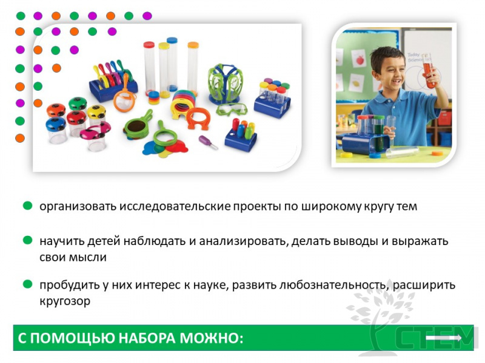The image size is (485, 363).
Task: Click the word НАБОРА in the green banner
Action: [147, 338]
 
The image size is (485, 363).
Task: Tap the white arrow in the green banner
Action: [444, 338]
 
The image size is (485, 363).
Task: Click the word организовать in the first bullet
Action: [78, 206]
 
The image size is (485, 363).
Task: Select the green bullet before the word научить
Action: [28, 240]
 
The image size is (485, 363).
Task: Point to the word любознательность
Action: [332, 284]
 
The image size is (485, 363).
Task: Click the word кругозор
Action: [65, 301]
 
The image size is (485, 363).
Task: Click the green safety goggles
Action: [232, 110]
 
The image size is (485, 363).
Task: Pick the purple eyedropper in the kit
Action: [208, 142]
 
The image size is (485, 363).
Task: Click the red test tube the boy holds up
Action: [429, 71]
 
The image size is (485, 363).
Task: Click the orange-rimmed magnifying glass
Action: [124, 96]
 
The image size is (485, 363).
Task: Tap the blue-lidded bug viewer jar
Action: [56, 130]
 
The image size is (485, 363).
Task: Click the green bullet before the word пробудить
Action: [28, 284]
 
